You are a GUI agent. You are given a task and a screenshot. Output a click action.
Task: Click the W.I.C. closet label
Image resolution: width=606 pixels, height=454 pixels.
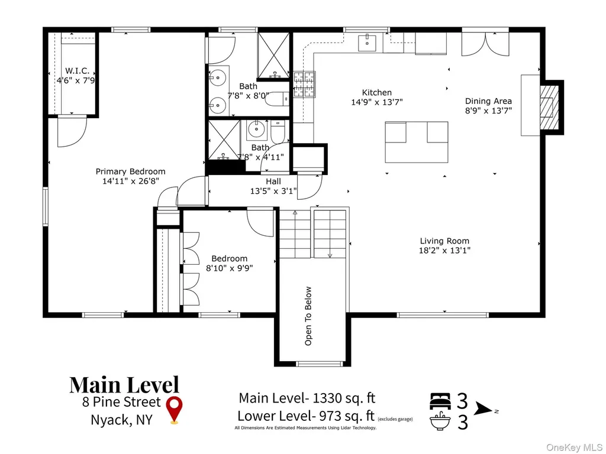point(77,71)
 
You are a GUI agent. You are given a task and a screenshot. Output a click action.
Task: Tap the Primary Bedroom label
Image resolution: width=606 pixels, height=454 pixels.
point(131,171)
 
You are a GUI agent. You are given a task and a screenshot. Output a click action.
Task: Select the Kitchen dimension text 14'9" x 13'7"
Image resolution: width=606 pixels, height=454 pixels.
point(377,102)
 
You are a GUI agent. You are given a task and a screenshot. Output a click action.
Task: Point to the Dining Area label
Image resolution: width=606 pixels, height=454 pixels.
point(488,101)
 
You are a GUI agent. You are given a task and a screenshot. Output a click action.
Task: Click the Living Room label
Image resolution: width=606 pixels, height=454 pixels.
point(444,241)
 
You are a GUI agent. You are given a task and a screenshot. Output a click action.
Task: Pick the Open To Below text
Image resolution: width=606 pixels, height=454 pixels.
point(308,316)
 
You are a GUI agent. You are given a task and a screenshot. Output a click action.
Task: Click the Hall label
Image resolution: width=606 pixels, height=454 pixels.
point(273,181)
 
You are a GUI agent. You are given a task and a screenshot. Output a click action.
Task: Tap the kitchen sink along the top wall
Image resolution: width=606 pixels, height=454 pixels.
point(367,43)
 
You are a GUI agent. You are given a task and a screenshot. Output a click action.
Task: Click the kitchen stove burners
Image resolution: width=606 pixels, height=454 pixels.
point(305,84)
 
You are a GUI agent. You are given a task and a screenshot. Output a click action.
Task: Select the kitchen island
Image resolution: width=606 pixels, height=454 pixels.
point(417,142)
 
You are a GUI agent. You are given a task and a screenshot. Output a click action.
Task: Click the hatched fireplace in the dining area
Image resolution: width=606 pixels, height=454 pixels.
point(549,107)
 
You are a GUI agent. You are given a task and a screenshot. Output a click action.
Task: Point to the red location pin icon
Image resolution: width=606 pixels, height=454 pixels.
point(175,410)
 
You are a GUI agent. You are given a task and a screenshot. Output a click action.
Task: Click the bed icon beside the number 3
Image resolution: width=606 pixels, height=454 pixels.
point(440,401)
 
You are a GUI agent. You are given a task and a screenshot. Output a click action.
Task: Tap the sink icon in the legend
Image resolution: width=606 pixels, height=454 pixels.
point(440,421)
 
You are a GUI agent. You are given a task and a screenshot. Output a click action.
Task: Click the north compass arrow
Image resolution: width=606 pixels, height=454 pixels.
point(484,408)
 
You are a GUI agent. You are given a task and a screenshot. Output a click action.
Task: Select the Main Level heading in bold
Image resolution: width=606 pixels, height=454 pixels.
point(124,385)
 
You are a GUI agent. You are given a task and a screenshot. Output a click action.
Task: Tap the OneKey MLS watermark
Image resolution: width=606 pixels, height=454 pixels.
point(574,447)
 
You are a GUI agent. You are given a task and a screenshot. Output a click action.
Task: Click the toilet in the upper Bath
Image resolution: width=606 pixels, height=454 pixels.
point(277,99)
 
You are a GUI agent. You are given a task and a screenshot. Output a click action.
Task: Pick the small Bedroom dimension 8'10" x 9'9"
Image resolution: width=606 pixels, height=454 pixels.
point(229,268)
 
